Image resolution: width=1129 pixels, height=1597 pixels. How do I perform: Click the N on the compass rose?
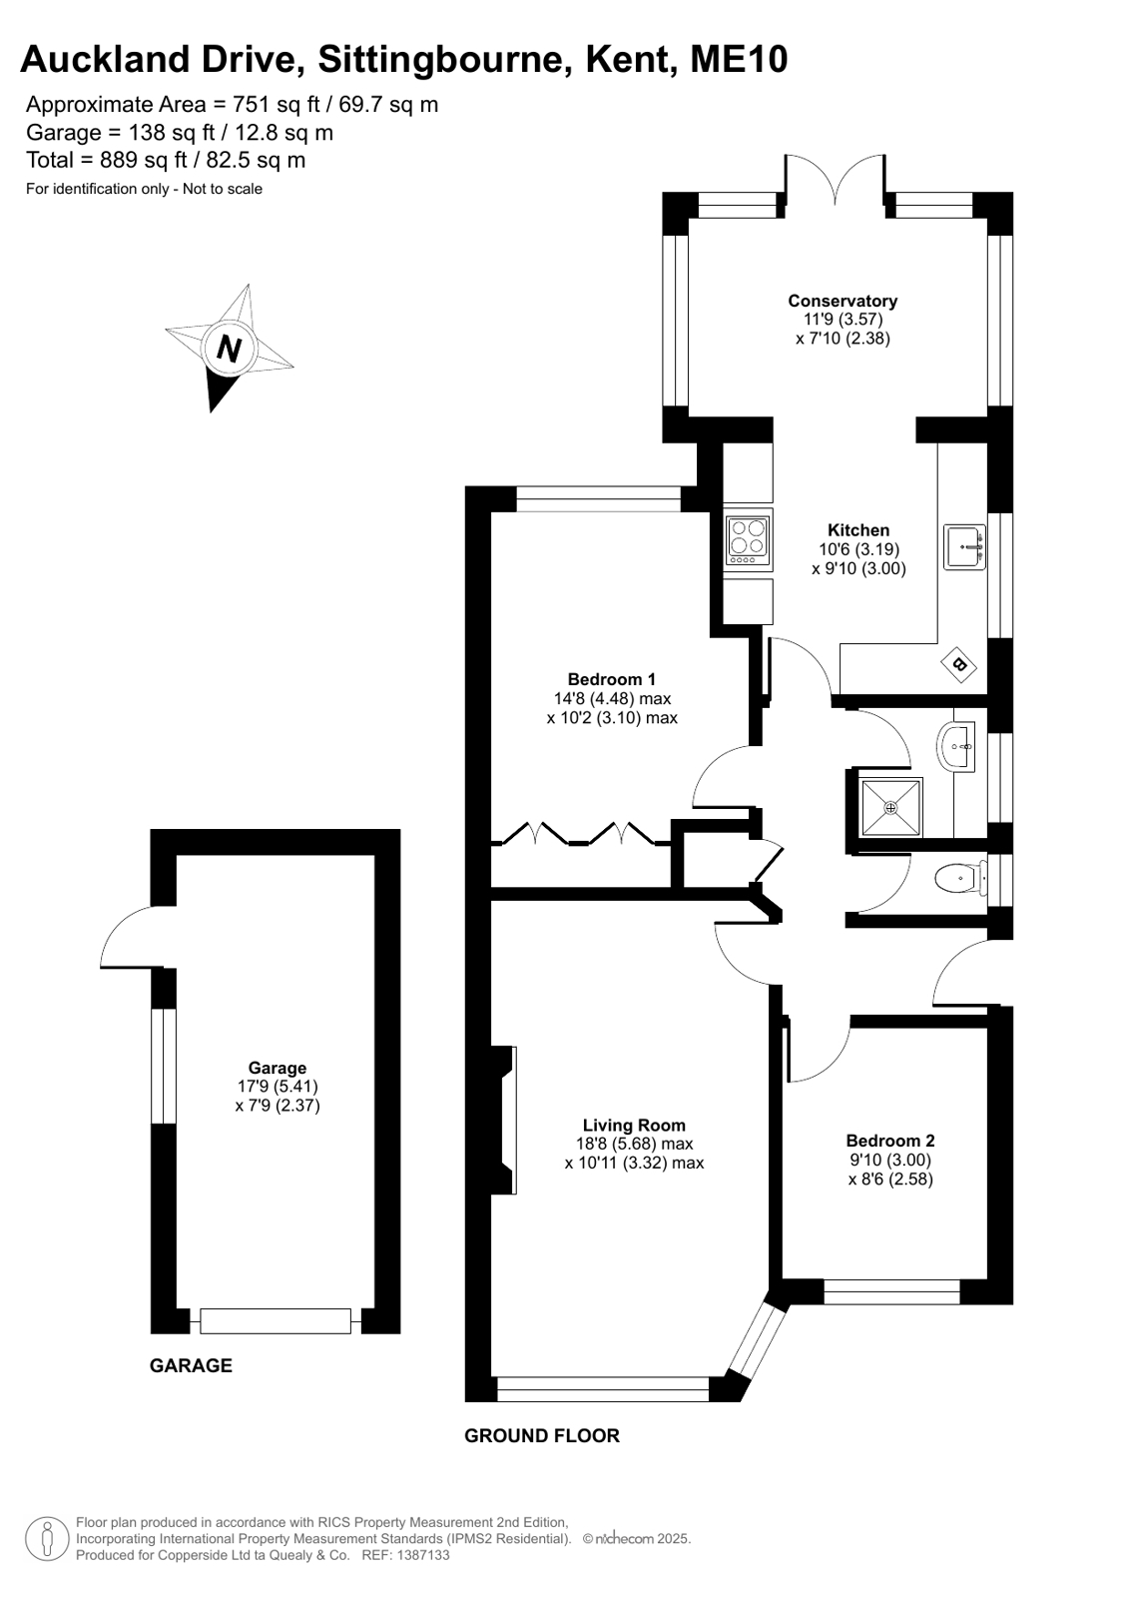point(229,349)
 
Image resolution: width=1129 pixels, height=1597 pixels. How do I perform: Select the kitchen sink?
point(964,547)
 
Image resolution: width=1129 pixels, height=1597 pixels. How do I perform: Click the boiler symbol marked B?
point(958,665)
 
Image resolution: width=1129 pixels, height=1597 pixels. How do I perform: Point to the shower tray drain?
point(891,808)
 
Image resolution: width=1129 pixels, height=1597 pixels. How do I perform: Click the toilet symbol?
point(959,878)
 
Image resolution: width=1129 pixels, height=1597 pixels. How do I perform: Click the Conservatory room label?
point(843,301)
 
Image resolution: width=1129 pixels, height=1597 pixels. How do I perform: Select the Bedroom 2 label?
point(890,1141)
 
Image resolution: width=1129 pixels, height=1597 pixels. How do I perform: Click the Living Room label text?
point(634,1125)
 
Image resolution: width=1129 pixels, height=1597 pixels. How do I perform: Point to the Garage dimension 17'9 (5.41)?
point(278,1087)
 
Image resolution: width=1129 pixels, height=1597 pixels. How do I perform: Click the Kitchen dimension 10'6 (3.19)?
point(858,549)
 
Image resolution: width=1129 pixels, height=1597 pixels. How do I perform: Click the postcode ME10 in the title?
point(739,59)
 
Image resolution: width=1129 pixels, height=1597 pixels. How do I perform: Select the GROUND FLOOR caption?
point(542,1435)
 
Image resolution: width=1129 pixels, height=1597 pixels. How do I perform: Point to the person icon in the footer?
point(48,1538)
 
